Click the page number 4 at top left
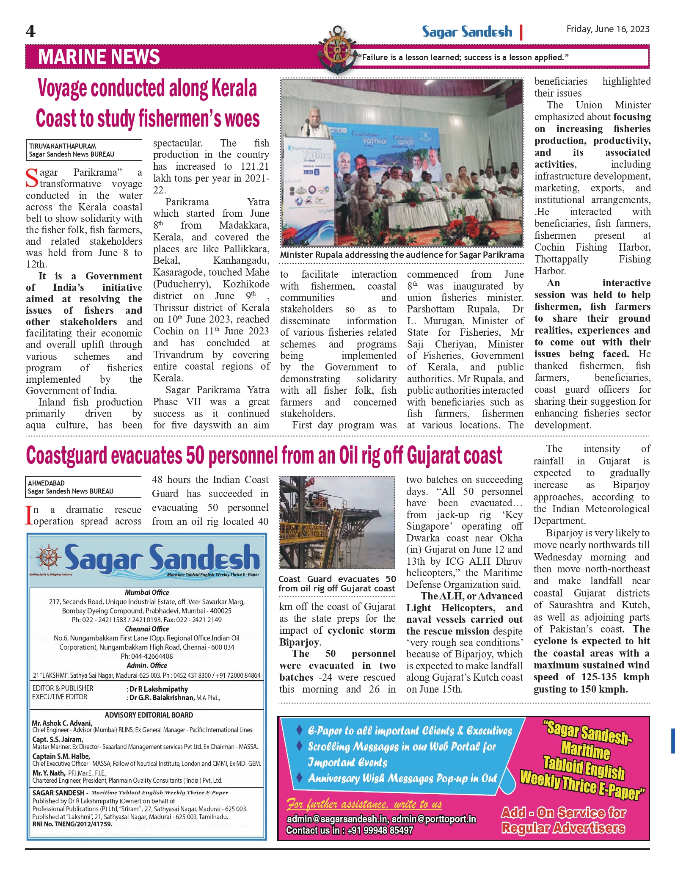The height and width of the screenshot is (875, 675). (30, 31)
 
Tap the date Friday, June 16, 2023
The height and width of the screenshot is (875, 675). (608, 29)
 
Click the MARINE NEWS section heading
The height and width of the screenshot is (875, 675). (99, 57)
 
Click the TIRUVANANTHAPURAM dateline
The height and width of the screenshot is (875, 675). (62, 146)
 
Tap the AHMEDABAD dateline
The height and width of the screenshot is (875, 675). (46, 483)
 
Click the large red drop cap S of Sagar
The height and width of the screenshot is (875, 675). (32, 178)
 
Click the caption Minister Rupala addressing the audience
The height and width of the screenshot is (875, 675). (402, 255)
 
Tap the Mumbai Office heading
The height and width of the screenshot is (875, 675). (147, 592)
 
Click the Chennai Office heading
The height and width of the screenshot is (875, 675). (147, 629)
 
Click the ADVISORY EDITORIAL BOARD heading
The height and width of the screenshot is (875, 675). (149, 715)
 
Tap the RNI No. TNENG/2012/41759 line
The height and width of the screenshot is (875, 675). (72, 824)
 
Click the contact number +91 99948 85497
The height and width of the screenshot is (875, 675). (380, 830)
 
